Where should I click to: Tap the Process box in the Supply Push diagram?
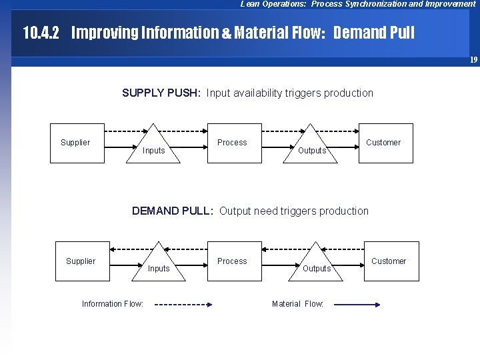pos(232,143)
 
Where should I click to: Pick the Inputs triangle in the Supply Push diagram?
pos(154,148)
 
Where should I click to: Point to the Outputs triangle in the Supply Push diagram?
pos(311,148)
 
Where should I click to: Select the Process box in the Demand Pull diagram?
pos(232,261)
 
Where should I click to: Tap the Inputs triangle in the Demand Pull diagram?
pos(159,266)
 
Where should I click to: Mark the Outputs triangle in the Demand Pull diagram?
pos(317,266)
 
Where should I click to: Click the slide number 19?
pos(473,60)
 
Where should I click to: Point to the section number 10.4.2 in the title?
pos(41,33)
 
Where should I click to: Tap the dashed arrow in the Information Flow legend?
pos(183,305)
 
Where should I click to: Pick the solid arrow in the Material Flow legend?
pos(357,305)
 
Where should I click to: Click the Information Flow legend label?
pos(113,304)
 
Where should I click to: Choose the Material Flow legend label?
pos(297,304)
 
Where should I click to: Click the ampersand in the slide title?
pos(227,33)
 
